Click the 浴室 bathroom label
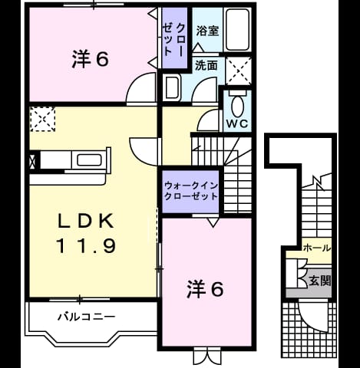[207, 31]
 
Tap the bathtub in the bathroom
[237, 30]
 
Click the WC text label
[237, 123]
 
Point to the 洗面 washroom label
[206, 65]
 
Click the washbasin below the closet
[172, 87]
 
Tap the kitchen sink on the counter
[89, 160]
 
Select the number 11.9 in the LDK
[86, 245]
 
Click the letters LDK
[86, 221]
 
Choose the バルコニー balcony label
[86, 317]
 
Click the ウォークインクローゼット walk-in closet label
[191, 191]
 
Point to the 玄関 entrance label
[320, 281]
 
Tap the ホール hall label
[316, 248]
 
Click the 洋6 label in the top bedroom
[91, 59]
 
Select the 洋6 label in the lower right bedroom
[205, 289]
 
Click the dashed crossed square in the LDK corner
[42, 119]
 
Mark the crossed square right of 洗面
[239, 71]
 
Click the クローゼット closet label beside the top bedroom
[174, 39]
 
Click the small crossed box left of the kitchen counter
[32, 161]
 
